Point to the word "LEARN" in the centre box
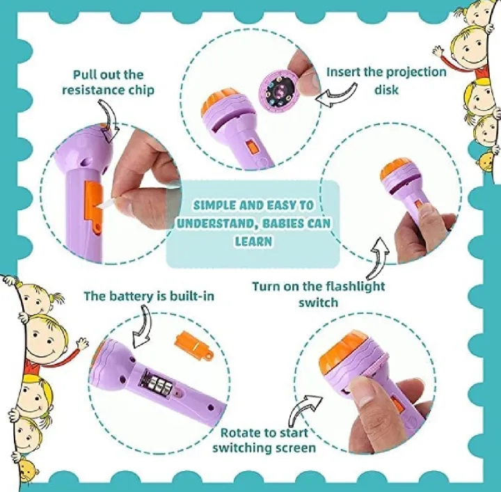click(x=253, y=241)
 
